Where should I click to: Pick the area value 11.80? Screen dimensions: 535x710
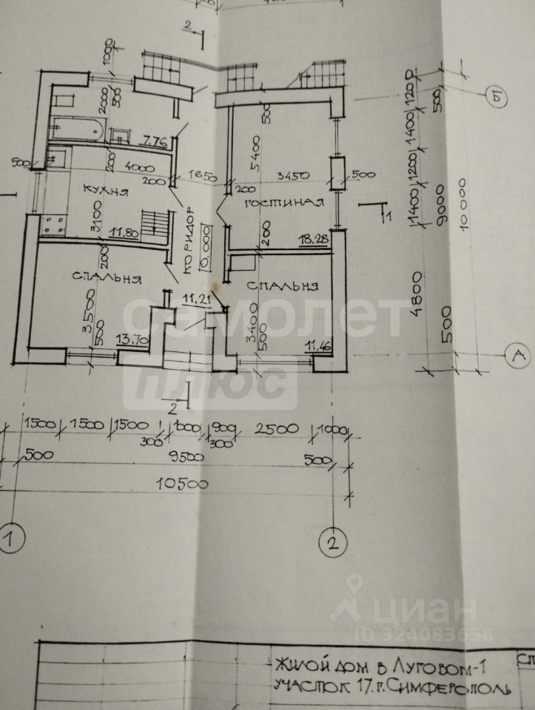[x=125, y=232]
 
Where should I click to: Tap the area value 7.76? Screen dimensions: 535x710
[x=156, y=141]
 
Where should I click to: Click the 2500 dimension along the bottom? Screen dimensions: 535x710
[x=276, y=428]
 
